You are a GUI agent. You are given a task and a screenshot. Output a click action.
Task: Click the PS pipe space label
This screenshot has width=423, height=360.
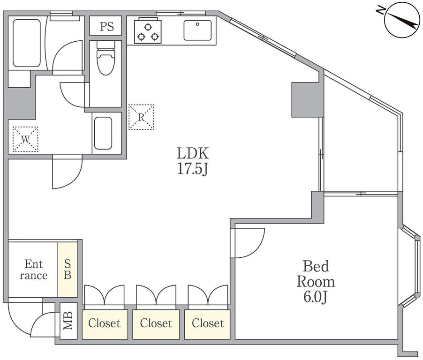point(107,26)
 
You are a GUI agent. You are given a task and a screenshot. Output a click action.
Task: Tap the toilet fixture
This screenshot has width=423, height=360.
point(106,58)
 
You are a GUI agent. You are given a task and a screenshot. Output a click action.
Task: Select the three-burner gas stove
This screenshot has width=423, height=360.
point(148,30)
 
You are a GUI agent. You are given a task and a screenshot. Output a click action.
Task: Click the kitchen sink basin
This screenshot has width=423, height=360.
point(198,30)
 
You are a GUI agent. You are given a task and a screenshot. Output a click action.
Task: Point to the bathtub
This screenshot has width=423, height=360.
point(27,43)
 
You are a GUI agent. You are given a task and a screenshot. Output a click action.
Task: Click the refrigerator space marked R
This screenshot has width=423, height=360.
point(141,117)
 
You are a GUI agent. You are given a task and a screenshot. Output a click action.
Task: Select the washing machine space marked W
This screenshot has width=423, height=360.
point(25,139)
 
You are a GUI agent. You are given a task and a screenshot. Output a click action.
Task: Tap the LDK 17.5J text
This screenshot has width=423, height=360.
point(193,161)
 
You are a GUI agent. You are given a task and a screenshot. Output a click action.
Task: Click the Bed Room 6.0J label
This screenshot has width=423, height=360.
point(316,282)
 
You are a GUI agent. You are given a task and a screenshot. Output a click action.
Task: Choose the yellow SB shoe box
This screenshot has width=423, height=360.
point(68,270)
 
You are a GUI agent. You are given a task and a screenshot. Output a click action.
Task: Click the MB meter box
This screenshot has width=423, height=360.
point(68,321)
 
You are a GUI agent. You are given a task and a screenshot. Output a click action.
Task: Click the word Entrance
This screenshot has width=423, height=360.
point(33,270)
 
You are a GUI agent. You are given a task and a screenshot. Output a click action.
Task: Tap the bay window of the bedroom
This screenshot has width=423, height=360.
point(409,266)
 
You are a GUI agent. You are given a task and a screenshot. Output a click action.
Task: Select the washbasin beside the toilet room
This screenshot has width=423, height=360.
point(103,133)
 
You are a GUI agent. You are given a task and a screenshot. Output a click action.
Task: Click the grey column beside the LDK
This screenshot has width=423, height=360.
point(308,99)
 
